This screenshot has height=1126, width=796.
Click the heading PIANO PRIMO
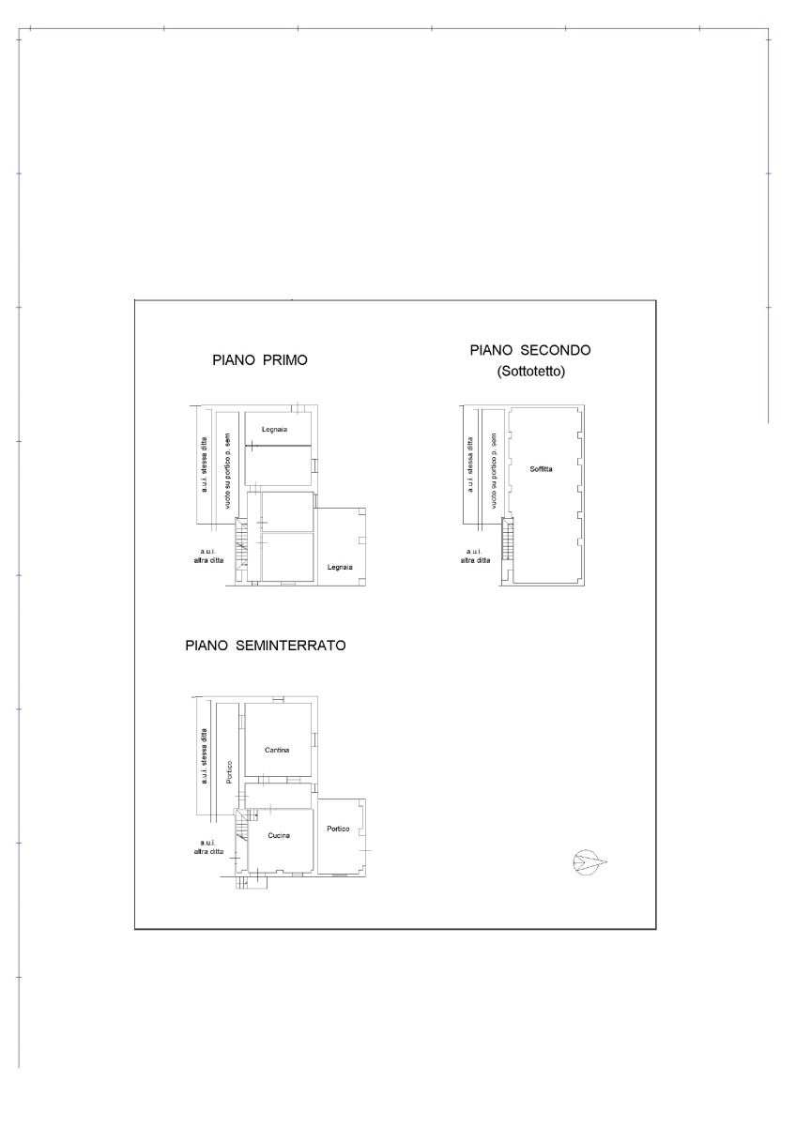[x=260, y=360]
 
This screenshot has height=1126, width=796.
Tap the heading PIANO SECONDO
[x=529, y=350]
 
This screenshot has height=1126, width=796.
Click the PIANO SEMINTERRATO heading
[x=266, y=646]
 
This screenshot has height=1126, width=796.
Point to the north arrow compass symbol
[x=589, y=862]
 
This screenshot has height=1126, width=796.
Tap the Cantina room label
[x=276, y=750]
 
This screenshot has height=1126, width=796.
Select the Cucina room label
[x=278, y=835]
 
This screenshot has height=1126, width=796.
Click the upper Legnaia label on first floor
[x=274, y=429]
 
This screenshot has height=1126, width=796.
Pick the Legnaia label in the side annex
[x=340, y=567]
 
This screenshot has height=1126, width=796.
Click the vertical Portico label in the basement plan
[x=228, y=771]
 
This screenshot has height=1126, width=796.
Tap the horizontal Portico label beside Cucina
[x=338, y=829]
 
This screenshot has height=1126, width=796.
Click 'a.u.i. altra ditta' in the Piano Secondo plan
[x=474, y=555]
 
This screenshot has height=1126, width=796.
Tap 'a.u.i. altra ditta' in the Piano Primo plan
[x=204, y=555]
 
